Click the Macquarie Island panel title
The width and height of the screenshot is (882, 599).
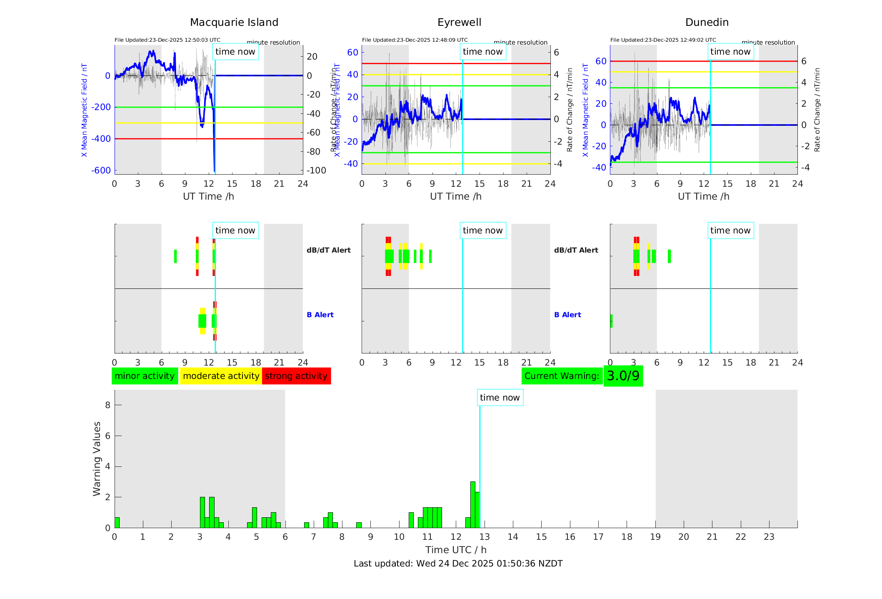pos(234,23)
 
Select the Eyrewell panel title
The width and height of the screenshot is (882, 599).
pos(459,23)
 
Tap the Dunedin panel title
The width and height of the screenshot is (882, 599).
pos(707,23)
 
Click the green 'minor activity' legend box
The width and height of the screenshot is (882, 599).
pos(145,376)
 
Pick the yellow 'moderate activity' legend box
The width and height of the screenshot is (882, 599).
pos(221,376)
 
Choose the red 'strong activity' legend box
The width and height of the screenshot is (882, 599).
pos(296,376)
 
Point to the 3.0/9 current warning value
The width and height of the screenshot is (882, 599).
pos(623,376)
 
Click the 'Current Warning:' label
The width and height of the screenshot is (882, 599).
pos(562,376)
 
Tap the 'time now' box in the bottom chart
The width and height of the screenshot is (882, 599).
pos(500,398)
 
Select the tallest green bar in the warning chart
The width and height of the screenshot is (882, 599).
pos(472,504)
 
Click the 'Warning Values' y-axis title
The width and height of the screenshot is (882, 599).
pos(97,459)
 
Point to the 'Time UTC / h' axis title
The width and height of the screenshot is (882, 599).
pos(456,550)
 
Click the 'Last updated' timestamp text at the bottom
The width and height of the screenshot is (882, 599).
pos(458,564)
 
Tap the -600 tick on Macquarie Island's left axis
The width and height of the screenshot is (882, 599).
pos(101,170)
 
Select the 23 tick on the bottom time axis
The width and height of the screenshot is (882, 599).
pos(769,537)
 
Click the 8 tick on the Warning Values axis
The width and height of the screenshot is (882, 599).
pos(108,405)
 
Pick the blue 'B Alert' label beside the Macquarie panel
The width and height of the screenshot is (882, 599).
pos(320,315)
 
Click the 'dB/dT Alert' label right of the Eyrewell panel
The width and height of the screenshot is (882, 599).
pos(576,250)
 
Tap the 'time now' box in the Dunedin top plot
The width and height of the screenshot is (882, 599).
pos(730,52)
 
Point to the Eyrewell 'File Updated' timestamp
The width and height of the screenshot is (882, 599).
pos(415,40)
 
